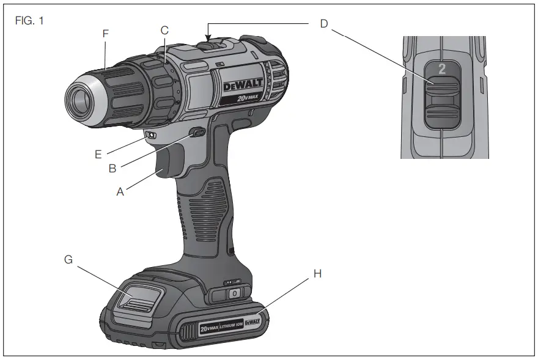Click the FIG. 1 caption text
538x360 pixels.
coord(30,20)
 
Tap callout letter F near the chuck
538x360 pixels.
coord(106,34)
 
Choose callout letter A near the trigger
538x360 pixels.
coord(121,191)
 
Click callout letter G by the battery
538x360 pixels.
coord(68,260)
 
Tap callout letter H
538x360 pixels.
coord(317,274)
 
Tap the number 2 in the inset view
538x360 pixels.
coord(441,69)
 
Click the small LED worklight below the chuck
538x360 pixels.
coord(150,136)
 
